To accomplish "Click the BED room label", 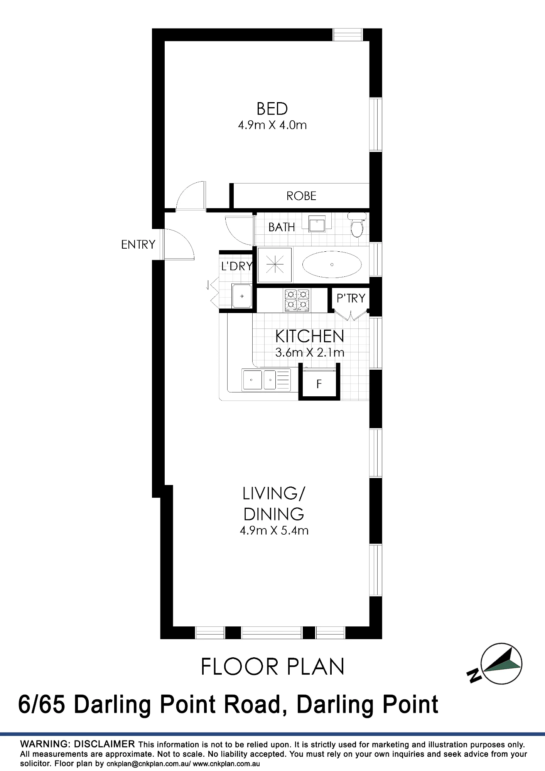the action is coord(272,109).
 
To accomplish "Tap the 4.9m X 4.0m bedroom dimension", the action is coord(272,125).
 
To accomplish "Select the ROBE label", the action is coord(301,196).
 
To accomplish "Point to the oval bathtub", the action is coord(332,265).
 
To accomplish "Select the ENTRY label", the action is coord(138,244).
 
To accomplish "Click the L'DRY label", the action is coord(237,266).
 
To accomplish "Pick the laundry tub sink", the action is coord(242,296).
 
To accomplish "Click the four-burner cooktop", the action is coord(297,300).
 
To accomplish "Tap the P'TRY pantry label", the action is coord(351,298).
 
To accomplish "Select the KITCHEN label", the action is coord(309,337).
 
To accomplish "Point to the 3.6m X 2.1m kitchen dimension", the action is coord(310,353).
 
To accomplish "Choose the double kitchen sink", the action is coord(266,380).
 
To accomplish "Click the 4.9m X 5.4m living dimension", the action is coord(274,531).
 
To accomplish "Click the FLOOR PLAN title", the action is coord(273,667).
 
